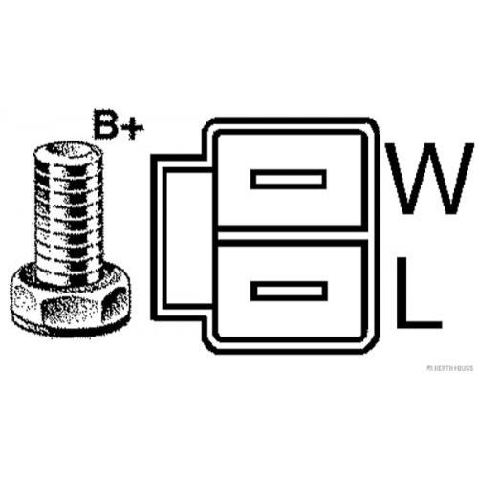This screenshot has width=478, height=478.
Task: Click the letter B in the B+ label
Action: coord(105,124)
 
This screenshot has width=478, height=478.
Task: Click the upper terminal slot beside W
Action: coord(289,180)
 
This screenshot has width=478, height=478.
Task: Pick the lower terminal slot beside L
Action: coord(289,291)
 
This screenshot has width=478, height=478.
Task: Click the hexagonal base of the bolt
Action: coord(70,299)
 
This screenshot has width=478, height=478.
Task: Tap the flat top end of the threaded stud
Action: coord(68,151)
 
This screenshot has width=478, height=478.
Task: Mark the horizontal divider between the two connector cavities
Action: coord(290,236)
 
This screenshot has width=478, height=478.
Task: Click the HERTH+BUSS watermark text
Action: coord(452,368)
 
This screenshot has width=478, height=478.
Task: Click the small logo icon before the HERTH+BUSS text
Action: coord(429,368)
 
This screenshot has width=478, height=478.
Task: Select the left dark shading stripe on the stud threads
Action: coord(40,217)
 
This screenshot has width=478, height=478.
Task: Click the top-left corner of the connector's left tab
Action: coord(151,155)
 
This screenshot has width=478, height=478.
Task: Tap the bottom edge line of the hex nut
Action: coord(69,332)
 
